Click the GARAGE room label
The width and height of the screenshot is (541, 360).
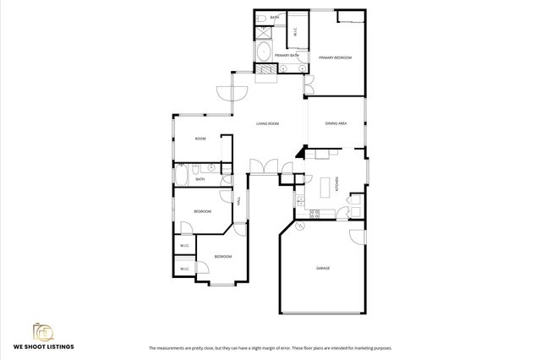pos(323,268)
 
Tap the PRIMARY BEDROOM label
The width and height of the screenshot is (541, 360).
pos(335,57)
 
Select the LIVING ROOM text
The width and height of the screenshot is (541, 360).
pos(268,124)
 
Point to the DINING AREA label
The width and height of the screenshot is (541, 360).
pos(336,124)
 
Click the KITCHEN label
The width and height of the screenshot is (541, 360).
pos(338,183)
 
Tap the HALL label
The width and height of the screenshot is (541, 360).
pos(239,200)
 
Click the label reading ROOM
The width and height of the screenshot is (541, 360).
pos(200,139)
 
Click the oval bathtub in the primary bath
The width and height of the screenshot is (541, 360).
pos(264,52)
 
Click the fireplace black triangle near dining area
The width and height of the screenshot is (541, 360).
pos(300,151)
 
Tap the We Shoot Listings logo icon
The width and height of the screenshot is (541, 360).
pos(42,331)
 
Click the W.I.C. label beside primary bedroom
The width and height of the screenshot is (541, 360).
pos(295,32)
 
